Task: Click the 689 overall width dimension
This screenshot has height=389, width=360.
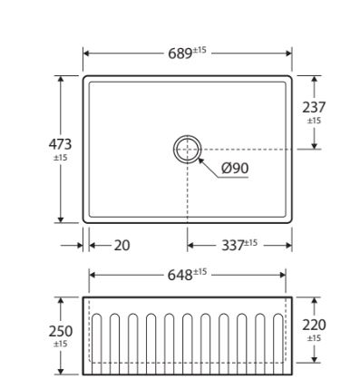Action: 180,53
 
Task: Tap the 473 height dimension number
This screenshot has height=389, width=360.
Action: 60,144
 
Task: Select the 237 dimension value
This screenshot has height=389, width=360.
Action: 314,107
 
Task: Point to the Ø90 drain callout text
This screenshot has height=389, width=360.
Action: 235,168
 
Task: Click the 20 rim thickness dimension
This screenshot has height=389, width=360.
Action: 122,245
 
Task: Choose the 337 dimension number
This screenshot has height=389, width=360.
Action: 233,245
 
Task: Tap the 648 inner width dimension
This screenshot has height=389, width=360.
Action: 180,275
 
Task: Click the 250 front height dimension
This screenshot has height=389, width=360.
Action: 61,331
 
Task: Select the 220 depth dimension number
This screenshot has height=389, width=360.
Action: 314,326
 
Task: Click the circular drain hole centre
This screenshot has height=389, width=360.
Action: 188,150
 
